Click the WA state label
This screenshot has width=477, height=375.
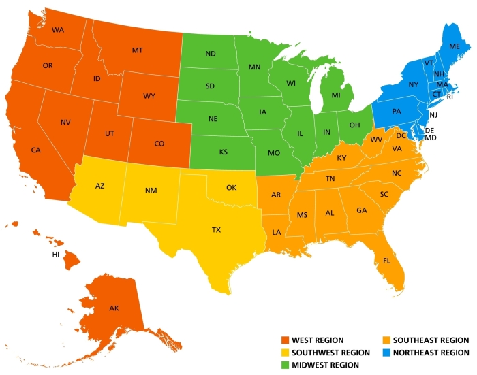pyautogui.click(x=57, y=30)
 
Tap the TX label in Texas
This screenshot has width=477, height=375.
pyautogui.click(x=216, y=230)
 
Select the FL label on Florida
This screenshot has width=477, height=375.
pyautogui.click(x=387, y=261)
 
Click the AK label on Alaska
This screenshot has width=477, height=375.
pyautogui.click(x=114, y=308)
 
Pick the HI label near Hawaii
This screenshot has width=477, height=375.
pyautogui.click(x=56, y=255)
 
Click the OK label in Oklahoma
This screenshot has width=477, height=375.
pyautogui.click(x=231, y=186)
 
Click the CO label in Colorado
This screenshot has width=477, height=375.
pyautogui.click(x=159, y=144)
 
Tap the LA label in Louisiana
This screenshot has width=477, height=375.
pyautogui.click(x=277, y=232)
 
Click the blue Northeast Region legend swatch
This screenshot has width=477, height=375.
pyautogui.click(x=386, y=353)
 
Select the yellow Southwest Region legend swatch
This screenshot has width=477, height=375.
pyautogui.click(x=286, y=353)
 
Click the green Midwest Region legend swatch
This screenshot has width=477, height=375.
pyautogui.click(x=286, y=365)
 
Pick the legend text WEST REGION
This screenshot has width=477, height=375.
pyautogui.click(x=318, y=340)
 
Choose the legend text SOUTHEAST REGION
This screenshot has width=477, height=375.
pyautogui.click(x=431, y=340)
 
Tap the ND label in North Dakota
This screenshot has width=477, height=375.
pyautogui.click(x=211, y=54)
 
